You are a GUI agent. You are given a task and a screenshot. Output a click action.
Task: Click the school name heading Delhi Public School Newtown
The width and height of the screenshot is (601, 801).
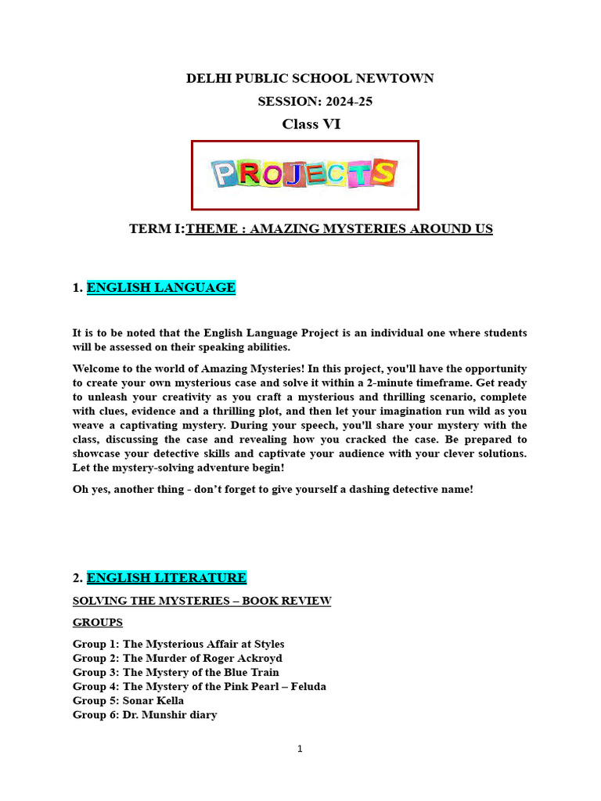[x=309, y=78]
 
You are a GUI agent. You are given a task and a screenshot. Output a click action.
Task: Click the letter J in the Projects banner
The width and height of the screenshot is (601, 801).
[x=293, y=174]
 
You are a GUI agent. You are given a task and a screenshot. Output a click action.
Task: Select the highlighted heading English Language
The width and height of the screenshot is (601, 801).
[x=160, y=288]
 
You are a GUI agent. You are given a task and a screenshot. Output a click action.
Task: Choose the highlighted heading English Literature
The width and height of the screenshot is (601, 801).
[x=166, y=578]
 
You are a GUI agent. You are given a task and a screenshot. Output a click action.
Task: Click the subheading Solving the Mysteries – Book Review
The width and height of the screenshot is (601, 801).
[x=202, y=601]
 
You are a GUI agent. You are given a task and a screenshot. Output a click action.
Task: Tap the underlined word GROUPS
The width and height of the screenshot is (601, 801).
[x=98, y=623]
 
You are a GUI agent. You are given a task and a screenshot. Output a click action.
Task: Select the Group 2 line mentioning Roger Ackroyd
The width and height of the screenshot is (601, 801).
[x=178, y=659]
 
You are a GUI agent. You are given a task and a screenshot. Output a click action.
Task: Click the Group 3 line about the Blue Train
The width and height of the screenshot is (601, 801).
[x=175, y=673]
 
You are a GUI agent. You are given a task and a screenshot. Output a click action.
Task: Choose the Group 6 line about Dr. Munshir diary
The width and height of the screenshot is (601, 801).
[x=145, y=715]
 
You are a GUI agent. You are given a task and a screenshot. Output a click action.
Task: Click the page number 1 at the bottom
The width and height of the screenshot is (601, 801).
[x=300, y=749]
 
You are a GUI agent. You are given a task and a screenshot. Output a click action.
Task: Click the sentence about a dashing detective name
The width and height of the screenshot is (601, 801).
[x=273, y=490]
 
